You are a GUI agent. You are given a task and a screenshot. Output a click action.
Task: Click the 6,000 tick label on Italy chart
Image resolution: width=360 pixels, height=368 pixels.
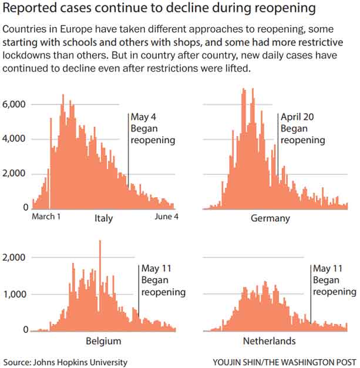(14, 104)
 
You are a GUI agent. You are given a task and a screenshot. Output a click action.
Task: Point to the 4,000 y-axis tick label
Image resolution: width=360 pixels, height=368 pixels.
(14, 139)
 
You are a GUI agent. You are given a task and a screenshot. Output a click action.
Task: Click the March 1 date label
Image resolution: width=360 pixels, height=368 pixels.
(46, 217)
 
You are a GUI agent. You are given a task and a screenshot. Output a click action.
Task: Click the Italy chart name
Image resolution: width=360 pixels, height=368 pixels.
(103, 218)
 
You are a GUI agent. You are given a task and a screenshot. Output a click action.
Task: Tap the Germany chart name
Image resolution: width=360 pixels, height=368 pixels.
(271, 218)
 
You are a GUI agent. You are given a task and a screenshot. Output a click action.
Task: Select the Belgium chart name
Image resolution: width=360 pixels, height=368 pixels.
(103, 341)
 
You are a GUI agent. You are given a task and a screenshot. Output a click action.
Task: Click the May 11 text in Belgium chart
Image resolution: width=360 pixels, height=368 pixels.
(154, 270)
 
